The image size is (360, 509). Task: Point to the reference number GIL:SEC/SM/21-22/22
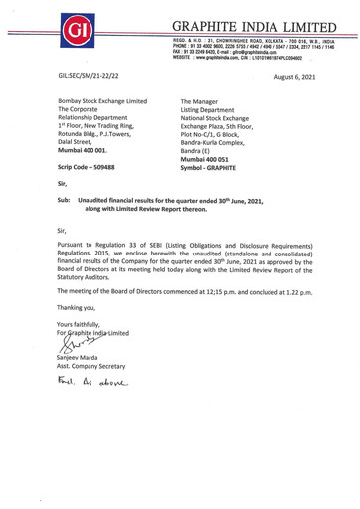coord(101,76)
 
